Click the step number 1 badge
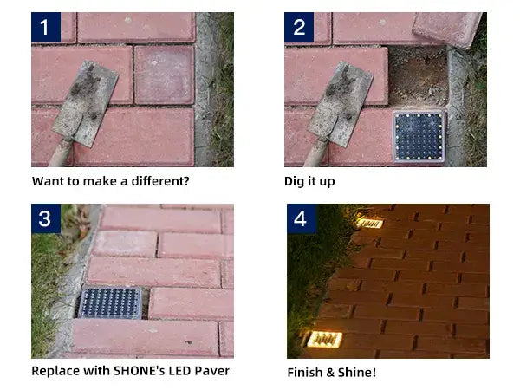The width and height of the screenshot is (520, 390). click(x=46, y=27)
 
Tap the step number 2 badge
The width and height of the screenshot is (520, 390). click(x=299, y=27)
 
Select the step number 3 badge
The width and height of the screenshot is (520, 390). click(x=46, y=218)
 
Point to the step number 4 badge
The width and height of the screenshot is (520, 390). click(x=300, y=218)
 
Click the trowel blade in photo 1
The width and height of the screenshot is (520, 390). click(x=85, y=100)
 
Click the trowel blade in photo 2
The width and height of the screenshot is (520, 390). click(x=340, y=100)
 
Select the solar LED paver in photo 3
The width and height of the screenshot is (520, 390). click(x=110, y=302)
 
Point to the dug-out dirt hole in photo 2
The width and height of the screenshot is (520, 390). click(x=419, y=76)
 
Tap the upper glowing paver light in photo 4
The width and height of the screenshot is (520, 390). click(x=369, y=223)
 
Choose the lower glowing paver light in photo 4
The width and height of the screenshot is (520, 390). click(x=322, y=339)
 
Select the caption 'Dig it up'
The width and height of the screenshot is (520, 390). click(x=310, y=181)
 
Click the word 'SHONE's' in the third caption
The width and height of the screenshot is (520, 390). click(x=142, y=371)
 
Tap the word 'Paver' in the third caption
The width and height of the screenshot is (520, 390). click(x=211, y=371)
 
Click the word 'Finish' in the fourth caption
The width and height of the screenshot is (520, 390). click(x=304, y=373)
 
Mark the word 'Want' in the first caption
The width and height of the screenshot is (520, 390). click(x=48, y=181)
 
